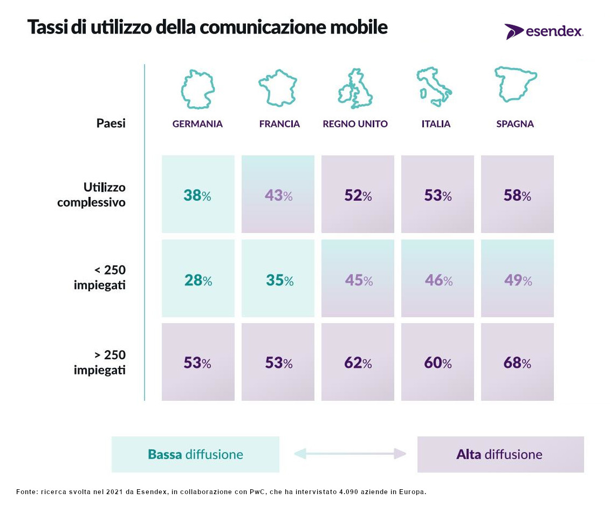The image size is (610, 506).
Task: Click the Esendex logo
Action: [x=544, y=31]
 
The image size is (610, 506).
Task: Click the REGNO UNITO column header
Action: [x=355, y=124]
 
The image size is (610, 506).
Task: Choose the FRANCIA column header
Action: [x=279, y=124]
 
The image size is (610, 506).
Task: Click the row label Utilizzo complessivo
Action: [x=91, y=195]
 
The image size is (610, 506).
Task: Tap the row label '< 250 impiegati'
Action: [x=99, y=277]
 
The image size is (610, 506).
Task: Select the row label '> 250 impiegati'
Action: [x=99, y=363]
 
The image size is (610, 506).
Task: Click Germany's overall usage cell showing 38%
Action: [x=198, y=195]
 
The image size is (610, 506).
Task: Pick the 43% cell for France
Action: [x=278, y=195]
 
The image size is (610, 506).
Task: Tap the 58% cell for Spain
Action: [x=517, y=195]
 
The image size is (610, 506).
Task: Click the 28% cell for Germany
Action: [x=198, y=278]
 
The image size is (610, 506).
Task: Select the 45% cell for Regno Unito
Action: [x=358, y=278]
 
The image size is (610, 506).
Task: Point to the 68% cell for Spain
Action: [x=517, y=362]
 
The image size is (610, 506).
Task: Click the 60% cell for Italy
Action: [x=437, y=362]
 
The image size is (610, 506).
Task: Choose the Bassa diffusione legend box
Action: [x=195, y=454]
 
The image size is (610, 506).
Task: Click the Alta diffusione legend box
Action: [x=501, y=454]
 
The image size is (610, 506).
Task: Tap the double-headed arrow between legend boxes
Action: [x=349, y=454]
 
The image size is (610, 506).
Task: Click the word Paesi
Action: [x=111, y=124]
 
